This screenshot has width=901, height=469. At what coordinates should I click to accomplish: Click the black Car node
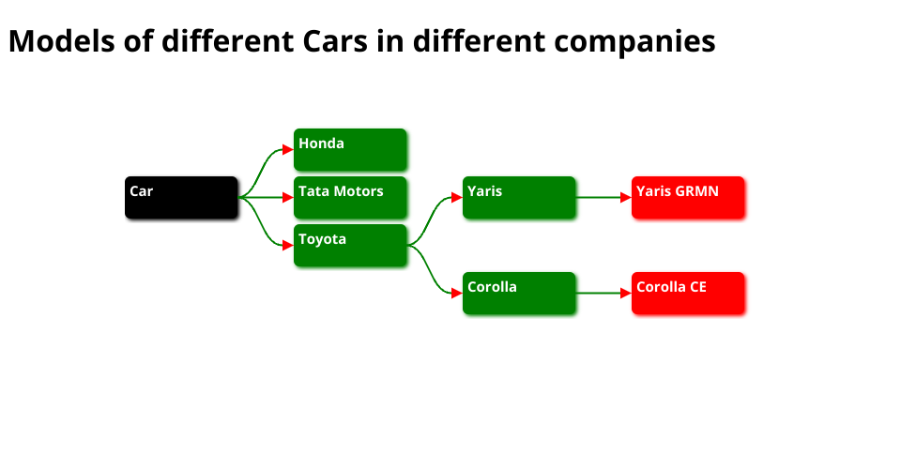click(x=181, y=197)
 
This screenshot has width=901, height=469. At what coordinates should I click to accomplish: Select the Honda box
click(x=350, y=149)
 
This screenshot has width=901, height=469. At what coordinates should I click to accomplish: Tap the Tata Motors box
click(x=350, y=197)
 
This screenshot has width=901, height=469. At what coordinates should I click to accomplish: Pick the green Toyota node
click(x=350, y=245)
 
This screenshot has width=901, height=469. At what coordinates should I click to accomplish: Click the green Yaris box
click(x=519, y=197)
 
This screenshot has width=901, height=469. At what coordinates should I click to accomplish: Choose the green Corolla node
click(x=519, y=293)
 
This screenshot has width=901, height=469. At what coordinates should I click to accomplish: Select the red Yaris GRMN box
click(x=688, y=197)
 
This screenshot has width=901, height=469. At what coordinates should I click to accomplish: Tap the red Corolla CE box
click(x=688, y=293)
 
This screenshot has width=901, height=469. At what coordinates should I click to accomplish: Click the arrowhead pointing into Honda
click(x=288, y=149)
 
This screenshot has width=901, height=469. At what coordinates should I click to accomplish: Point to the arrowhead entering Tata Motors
click(x=288, y=197)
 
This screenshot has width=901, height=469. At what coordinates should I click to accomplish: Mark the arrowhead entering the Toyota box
click(x=288, y=245)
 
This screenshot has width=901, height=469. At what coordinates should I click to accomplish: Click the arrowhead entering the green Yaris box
click(x=457, y=197)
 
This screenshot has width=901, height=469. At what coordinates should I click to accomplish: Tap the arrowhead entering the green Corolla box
click(x=457, y=293)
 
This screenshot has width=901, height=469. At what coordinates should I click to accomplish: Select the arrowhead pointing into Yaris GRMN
click(x=626, y=197)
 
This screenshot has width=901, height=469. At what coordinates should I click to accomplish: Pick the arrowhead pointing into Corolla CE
click(x=626, y=293)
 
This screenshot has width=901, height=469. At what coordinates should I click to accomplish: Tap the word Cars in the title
click(x=335, y=42)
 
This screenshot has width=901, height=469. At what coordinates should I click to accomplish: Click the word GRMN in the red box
click(x=697, y=191)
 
